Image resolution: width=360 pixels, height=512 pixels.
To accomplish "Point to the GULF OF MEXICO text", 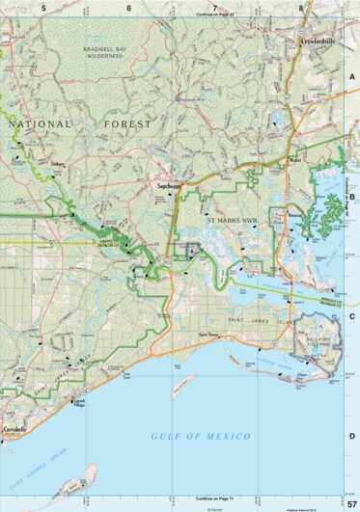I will click(x=201, y=437).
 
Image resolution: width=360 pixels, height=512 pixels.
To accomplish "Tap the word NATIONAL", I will click(x=40, y=125).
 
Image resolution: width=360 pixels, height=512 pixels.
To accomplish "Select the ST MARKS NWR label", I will click(x=232, y=221).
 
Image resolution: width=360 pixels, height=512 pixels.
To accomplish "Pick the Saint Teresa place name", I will click(x=209, y=335).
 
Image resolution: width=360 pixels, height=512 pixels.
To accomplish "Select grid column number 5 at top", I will click(x=43, y=8).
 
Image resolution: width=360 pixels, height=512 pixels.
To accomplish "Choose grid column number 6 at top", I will click(x=129, y=8).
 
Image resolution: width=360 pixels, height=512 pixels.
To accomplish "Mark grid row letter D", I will click(x=352, y=436).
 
